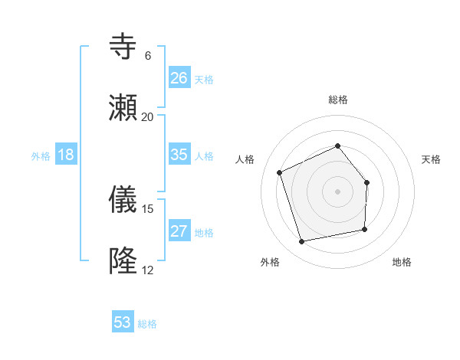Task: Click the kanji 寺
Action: (123, 47)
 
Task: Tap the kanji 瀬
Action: (123, 108)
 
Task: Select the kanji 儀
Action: (123, 201)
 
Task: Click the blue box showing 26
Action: (179, 77)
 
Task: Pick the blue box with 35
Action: (179, 155)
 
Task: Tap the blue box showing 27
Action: (179, 231)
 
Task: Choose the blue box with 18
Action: (66, 155)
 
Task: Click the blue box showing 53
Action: (123, 322)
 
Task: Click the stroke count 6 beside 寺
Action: (147, 56)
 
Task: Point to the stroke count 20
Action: (147, 116)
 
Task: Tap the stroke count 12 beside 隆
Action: (147, 270)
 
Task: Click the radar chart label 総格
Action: (338, 100)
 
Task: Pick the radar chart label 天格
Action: (432, 159)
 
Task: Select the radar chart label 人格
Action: (245, 159)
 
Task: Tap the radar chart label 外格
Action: (270, 262)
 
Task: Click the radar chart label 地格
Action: (402, 262)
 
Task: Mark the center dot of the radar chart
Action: (338, 191)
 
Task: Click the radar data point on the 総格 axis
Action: (338, 146)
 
